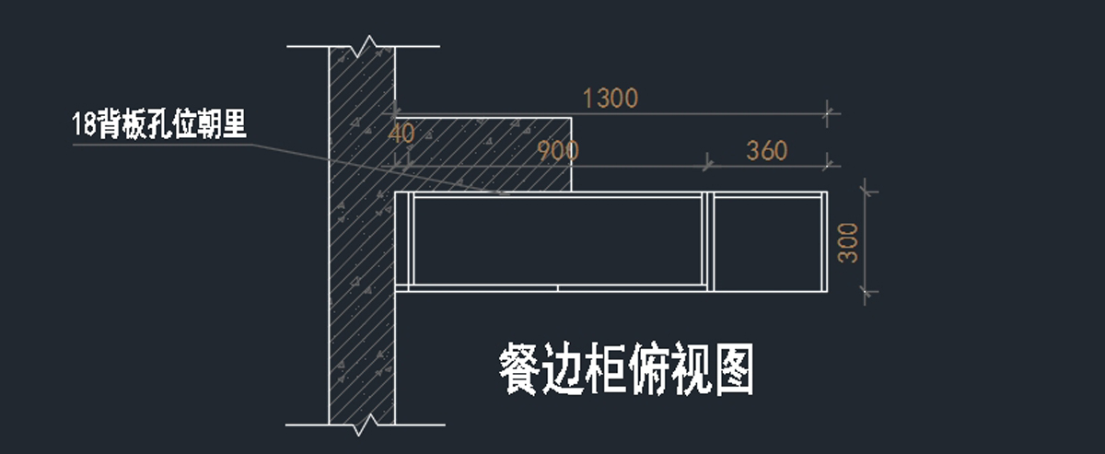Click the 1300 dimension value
coord(611,98)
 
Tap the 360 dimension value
coord(766,150)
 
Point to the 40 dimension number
coord(402,134)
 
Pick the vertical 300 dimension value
coord(849,242)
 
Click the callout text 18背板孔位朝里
coord(159,124)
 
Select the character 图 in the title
coord(731,370)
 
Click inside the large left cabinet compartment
coord(558,239)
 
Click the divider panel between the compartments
coord(709,241)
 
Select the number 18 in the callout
coord(83,124)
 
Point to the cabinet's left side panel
coord(403,241)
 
